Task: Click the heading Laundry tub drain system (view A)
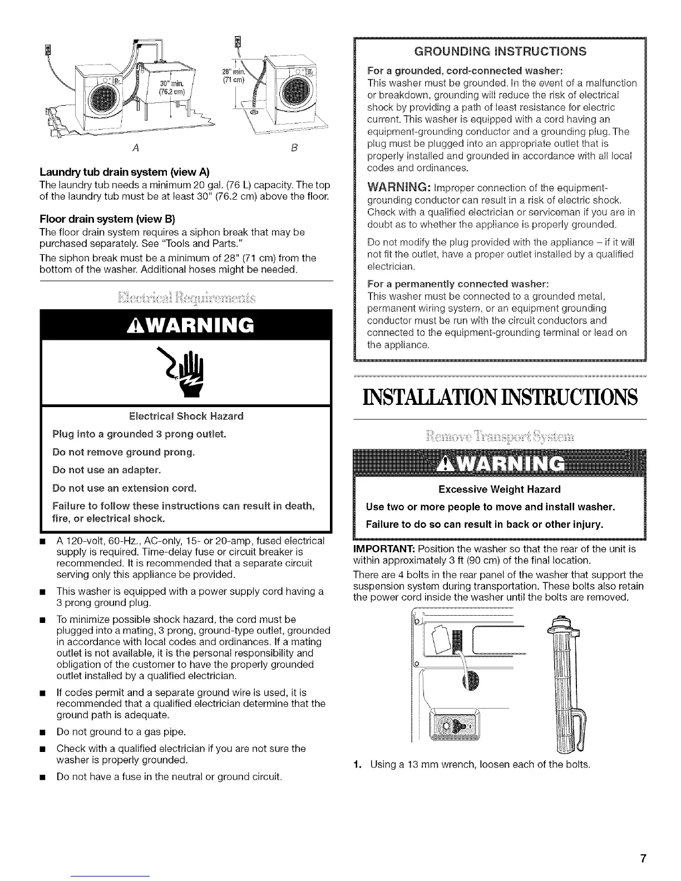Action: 113,171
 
